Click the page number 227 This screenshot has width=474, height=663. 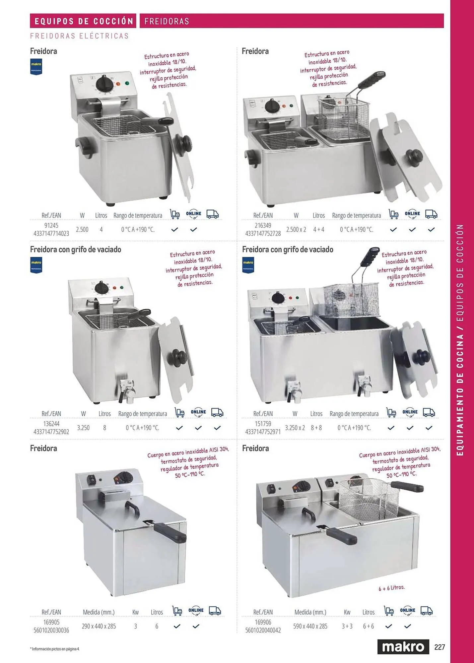[440, 647]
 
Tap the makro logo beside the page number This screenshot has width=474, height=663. [403, 647]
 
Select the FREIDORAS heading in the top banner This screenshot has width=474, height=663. [167, 21]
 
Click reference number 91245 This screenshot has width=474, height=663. [51, 225]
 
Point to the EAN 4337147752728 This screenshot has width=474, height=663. [263, 233]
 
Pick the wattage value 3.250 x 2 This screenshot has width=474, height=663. [295, 428]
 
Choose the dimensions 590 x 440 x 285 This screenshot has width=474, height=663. [310, 626]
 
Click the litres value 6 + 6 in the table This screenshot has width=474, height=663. [368, 626]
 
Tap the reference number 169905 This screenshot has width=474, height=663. [51, 622]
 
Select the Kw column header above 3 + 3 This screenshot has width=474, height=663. [347, 612]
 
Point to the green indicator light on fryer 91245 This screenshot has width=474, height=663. [127, 83]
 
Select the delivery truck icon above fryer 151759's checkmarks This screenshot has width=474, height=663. [429, 412]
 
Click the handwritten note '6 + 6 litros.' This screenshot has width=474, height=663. [391, 588]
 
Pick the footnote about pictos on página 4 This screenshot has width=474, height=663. [55, 649]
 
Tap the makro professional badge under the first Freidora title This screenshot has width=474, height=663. [36, 67]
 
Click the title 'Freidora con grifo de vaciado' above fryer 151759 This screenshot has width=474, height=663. [288, 249]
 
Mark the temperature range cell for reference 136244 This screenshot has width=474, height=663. [143, 428]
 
